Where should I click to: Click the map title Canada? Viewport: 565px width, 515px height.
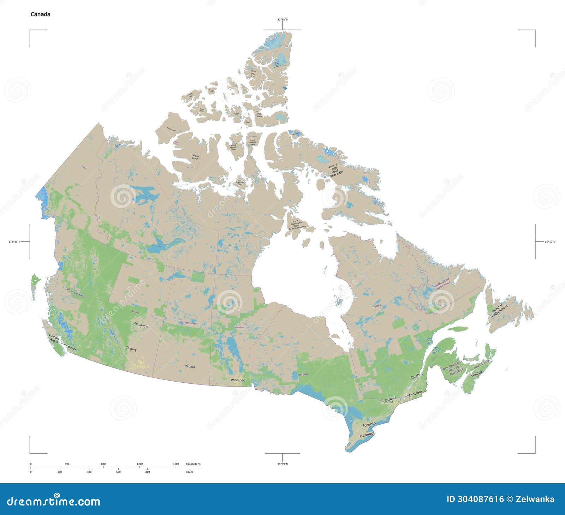coord(40,14)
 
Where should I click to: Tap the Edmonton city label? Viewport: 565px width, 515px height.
coord(141,326)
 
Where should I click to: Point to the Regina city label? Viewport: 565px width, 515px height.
coord(190,366)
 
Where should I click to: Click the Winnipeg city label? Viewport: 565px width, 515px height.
coord(238,380)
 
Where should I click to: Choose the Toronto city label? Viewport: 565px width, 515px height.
coord(369,424)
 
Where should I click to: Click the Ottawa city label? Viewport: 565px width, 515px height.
coord(391,399)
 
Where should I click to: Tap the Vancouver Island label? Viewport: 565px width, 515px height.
coord(54,339)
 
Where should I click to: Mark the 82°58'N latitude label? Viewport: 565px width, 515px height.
coord(282,19)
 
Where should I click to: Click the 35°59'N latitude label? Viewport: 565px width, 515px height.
coord(282,464)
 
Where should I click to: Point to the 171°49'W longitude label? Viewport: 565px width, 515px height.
coord(14,242)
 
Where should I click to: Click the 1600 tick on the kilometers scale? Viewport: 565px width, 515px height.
coord(176,464)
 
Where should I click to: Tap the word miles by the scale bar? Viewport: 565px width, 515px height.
coord(190,472)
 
